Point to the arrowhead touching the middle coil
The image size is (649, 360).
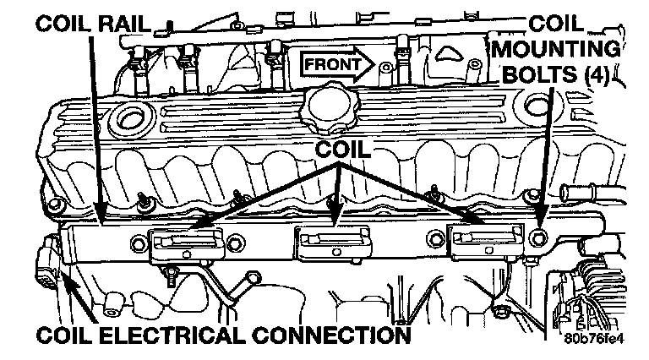[x=337, y=221]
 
